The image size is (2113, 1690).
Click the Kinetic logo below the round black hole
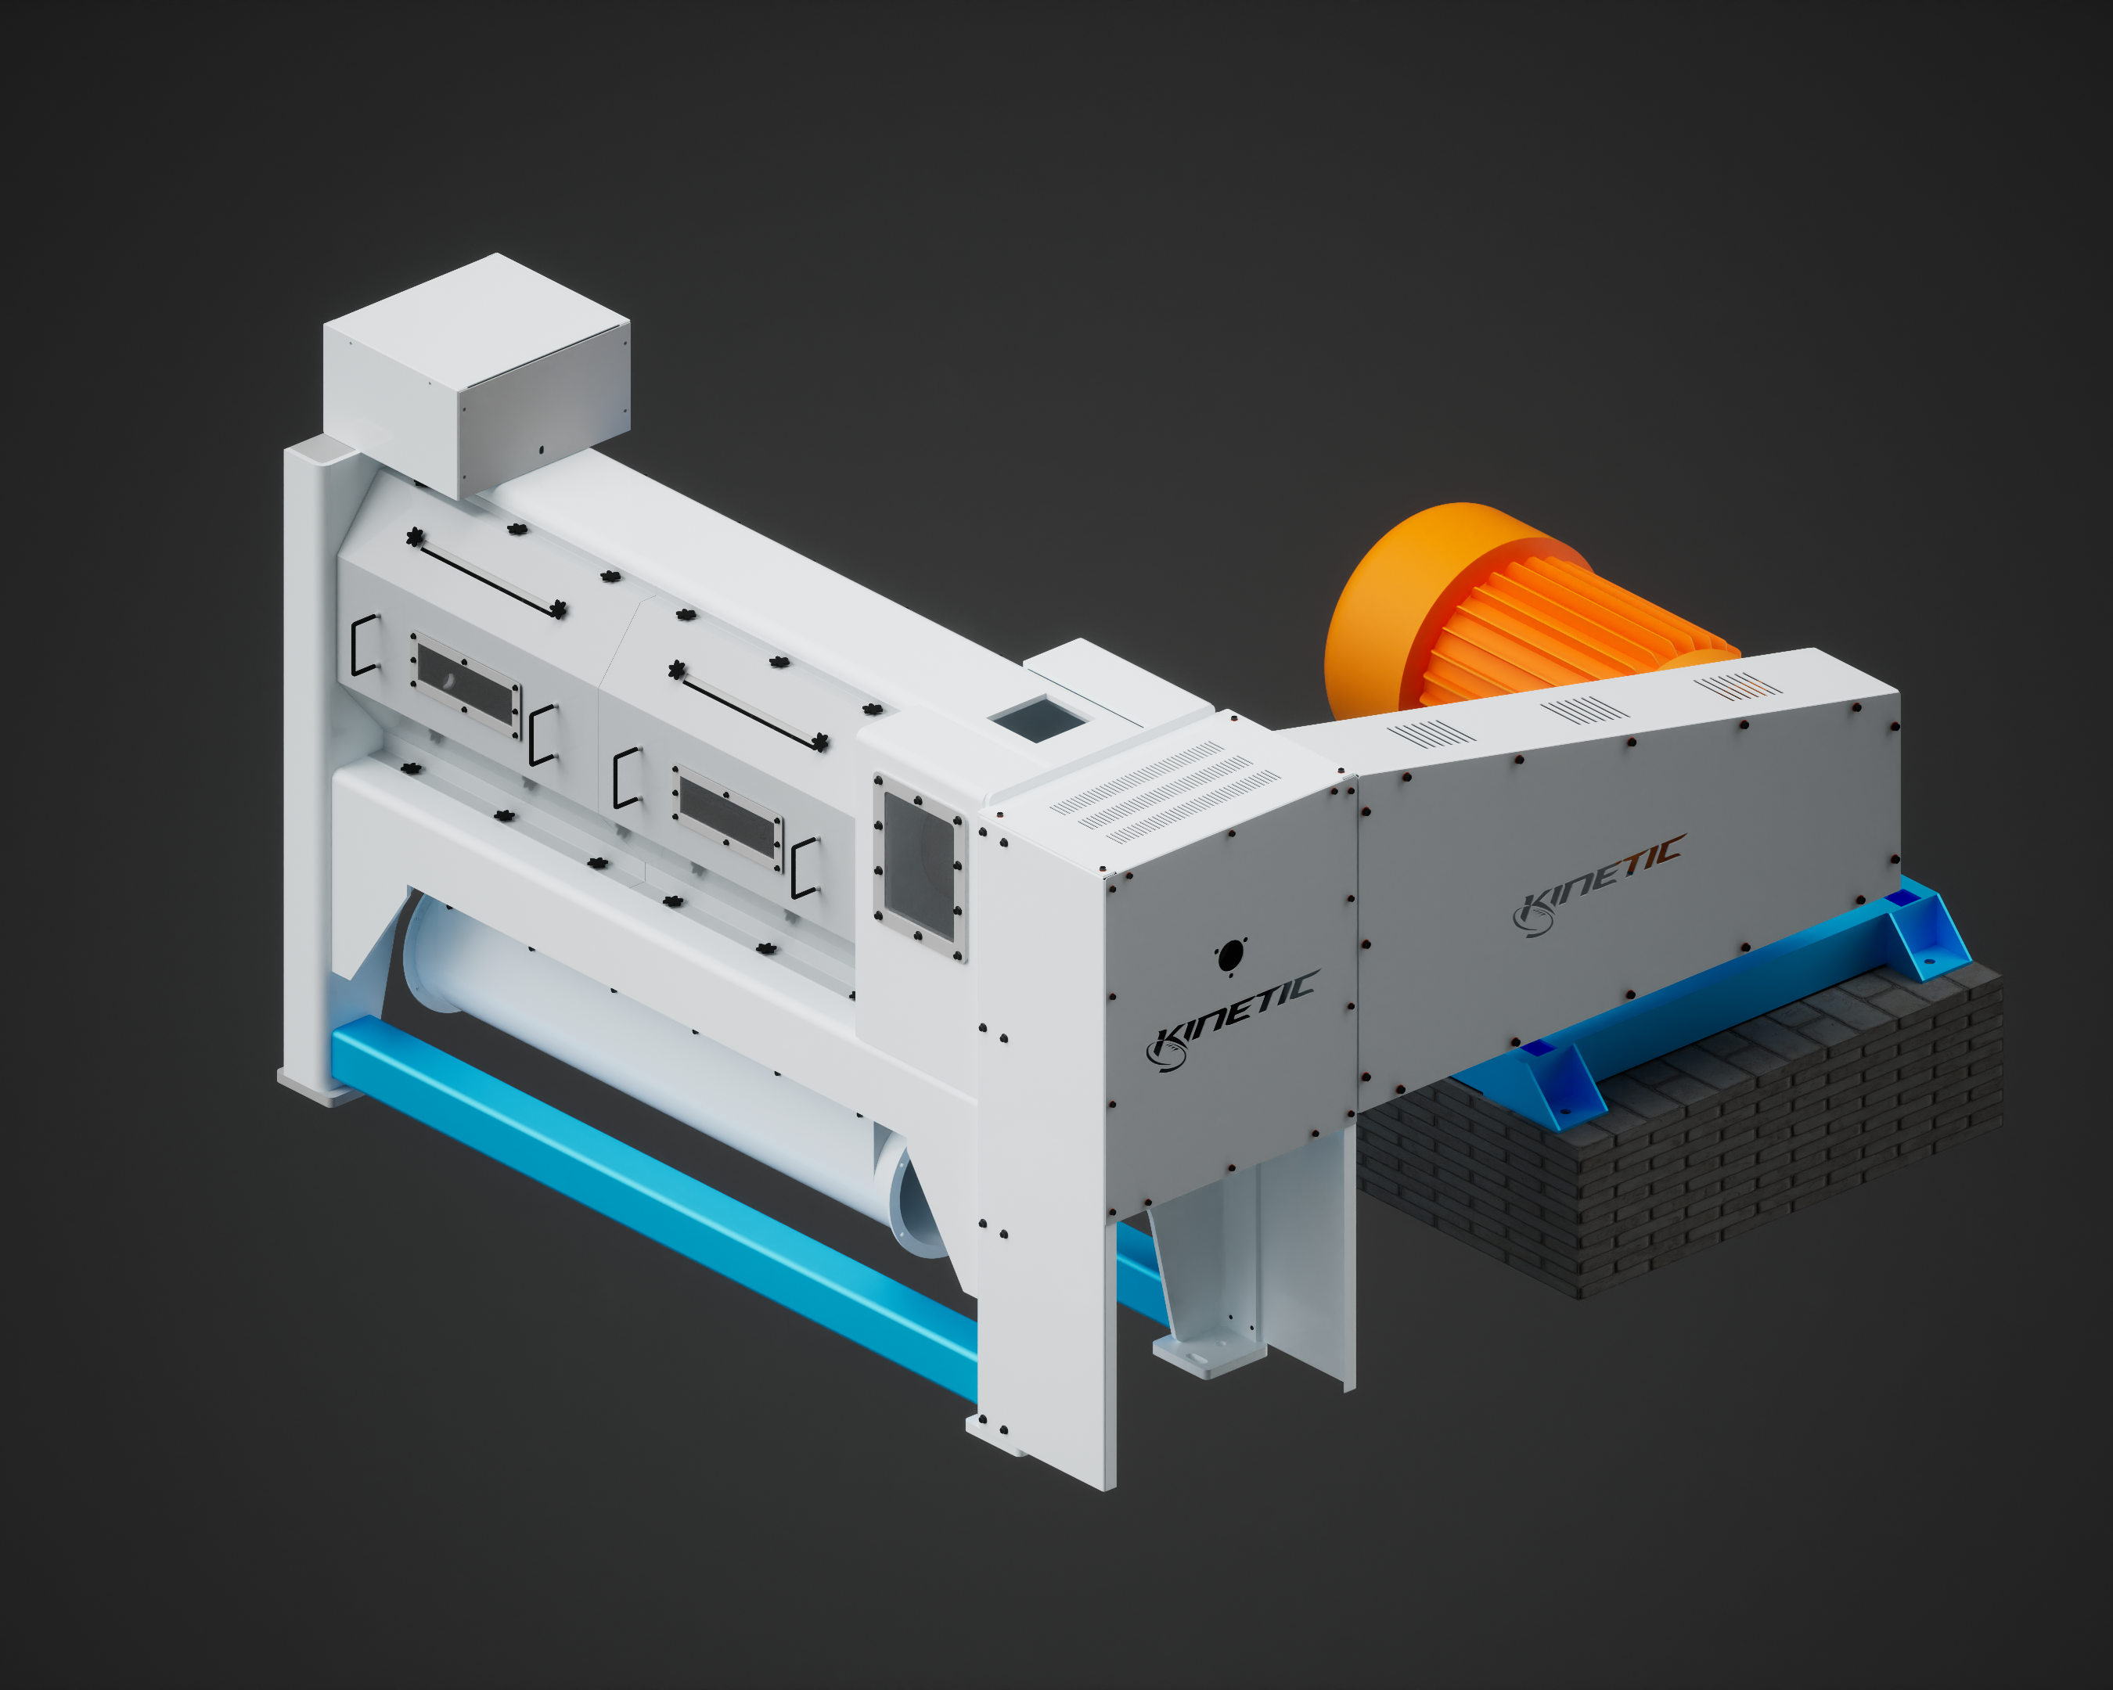[x=1233, y=1019]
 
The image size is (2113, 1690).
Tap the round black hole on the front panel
[x=1230, y=955]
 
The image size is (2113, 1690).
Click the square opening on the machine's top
[x=1038, y=719]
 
